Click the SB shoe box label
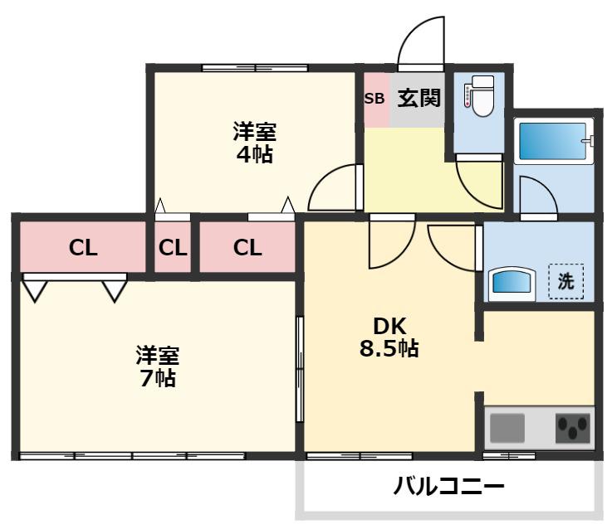(x=375, y=99)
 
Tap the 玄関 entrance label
(x=419, y=98)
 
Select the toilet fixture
(x=479, y=95)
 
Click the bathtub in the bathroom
(x=554, y=141)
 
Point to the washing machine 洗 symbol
(x=566, y=281)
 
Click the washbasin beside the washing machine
(x=512, y=284)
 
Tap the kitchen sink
(x=507, y=428)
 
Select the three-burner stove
(x=573, y=428)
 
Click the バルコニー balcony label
(x=449, y=486)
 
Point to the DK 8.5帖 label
(x=389, y=337)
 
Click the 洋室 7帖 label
(x=158, y=366)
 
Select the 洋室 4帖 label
(x=254, y=143)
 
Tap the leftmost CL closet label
(x=83, y=248)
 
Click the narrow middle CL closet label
(x=173, y=248)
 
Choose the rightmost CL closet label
(x=247, y=248)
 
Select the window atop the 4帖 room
(x=255, y=68)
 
